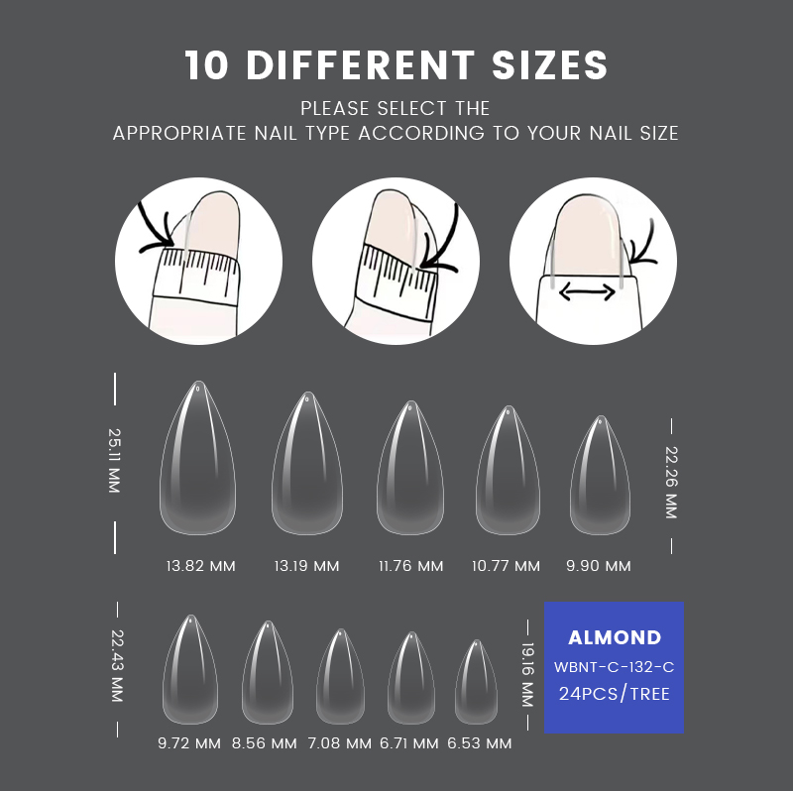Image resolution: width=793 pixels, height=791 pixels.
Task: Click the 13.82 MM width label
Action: click(x=201, y=566)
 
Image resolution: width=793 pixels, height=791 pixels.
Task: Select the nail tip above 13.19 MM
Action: click(x=307, y=463)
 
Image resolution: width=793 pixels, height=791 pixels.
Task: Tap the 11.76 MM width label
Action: click(x=410, y=566)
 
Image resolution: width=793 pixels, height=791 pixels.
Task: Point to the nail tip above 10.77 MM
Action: click(x=508, y=470)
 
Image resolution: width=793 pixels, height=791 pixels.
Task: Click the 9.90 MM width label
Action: click(x=599, y=566)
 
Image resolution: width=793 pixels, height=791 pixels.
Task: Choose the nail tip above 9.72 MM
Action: click(x=190, y=669)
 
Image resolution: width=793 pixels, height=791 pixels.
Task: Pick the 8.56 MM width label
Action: click(x=265, y=743)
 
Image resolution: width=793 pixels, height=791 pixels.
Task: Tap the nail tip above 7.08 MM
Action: click(x=340, y=677)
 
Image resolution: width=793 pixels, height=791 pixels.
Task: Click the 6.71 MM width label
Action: click(x=409, y=743)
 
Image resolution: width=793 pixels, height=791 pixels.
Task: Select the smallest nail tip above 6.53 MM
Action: click(x=476, y=682)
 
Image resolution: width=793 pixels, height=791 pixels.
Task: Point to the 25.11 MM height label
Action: click(x=114, y=461)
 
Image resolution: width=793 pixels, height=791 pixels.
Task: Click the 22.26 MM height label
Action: click(x=671, y=483)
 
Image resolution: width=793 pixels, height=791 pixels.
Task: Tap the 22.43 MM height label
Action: click(x=117, y=666)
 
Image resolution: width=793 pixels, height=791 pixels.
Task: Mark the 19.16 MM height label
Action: click(x=527, y=675)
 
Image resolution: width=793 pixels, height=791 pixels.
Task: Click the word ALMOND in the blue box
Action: click(x=615, y=637)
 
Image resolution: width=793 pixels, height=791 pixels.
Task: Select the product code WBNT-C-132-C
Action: click(x=614, y=667)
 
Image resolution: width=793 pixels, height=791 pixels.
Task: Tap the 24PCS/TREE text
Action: click(x=614, y=694)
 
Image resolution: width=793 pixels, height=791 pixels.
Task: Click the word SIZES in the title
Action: click(x=550, y=65)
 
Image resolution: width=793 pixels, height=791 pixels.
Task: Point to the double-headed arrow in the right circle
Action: click(x=587, y=291)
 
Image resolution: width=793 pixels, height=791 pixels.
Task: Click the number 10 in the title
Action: click(x=206, y=65)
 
